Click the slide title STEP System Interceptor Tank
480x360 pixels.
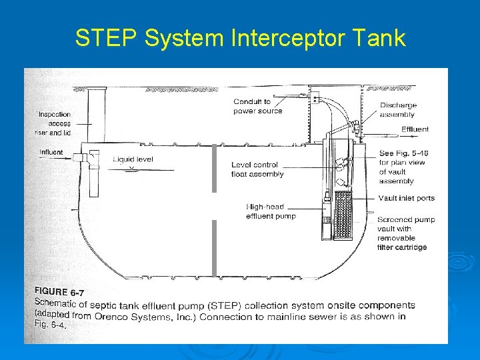[240, 38]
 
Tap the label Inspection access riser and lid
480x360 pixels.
[55, 123]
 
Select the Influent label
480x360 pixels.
[51, 153]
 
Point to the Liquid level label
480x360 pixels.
[133, 160]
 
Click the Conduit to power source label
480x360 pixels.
[258, 106]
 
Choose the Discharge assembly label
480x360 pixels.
[398, 109]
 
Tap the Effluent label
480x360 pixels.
[415, 129]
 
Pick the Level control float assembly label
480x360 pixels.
[257, 169]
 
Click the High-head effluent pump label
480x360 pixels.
[271, 211]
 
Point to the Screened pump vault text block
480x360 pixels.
[405, 233]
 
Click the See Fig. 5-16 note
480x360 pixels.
[403, 167]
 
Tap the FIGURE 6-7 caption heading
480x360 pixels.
[61, 291]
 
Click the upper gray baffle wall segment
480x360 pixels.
[214, 169]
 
